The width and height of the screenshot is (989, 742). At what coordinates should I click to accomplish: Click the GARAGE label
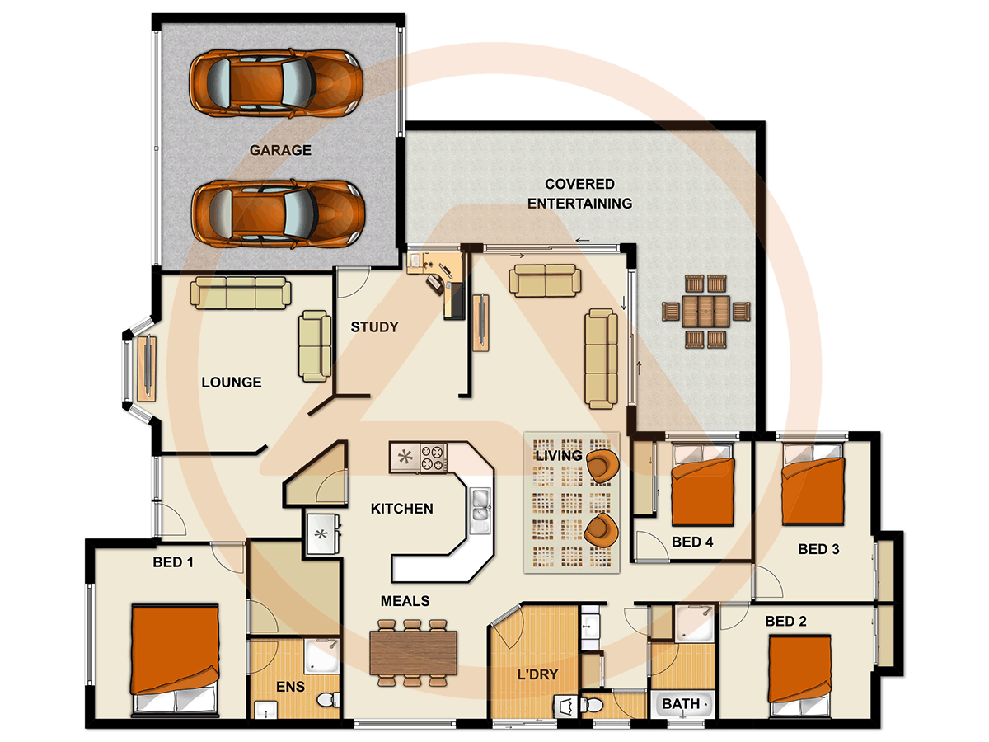(280, 150)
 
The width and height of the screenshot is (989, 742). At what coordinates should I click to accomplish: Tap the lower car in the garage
(278, 214)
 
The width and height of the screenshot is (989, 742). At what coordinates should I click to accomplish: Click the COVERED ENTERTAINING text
(579, 193)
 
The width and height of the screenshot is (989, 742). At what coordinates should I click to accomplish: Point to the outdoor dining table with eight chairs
(706, 312)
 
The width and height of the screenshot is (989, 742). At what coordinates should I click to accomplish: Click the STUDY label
(374, 327)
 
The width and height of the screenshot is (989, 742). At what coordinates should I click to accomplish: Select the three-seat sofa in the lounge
(241, 293)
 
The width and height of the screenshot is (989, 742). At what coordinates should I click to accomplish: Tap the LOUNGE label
(232, 383)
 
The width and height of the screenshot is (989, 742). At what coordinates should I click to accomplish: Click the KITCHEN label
(401, 509)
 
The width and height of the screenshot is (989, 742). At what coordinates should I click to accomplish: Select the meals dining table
(414, 652)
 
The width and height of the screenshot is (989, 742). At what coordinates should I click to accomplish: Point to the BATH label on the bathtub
(680, 704)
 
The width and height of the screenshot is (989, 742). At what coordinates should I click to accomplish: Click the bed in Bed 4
(702, 486)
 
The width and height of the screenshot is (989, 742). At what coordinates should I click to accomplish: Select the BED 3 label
(818, 549)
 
